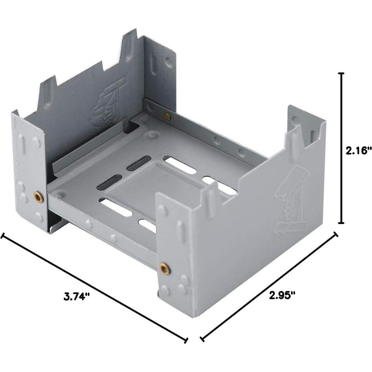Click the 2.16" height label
(358, 150)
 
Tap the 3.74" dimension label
(77, 296)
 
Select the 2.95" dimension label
(282, 295)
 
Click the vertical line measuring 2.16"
(341, 148)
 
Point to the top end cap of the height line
(341, 74)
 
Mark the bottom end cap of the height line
(341, 223)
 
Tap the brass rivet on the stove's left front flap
(38, 197)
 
